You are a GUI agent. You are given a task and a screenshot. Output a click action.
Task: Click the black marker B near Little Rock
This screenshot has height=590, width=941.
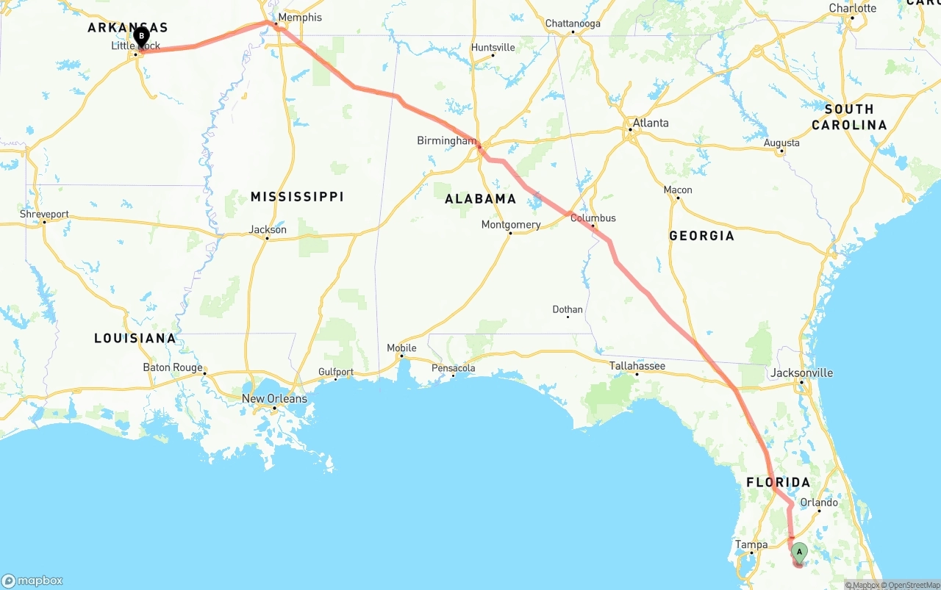pyautogui.click(x=141, y=35)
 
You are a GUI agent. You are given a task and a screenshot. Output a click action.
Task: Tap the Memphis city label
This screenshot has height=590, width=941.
pyautogui.click(x=300, y=17)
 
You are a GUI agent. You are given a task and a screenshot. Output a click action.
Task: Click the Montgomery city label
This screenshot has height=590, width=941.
pyautogui.click(x=511, y=225)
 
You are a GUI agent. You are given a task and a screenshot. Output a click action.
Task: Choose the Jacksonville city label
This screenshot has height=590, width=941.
pyautogui.click(x=801, y=373)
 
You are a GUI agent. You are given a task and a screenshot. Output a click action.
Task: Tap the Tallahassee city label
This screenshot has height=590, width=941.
pyautogui.click(x=637, y=366)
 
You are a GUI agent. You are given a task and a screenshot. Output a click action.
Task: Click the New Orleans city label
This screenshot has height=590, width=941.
pyautogui.click(x=274, y=399)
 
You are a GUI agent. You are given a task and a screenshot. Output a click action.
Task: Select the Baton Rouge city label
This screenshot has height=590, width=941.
pyautogui.click(x=173, y=367)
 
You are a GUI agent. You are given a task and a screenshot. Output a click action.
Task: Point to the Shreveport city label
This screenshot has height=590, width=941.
pyautogui.click(x=44, y=215)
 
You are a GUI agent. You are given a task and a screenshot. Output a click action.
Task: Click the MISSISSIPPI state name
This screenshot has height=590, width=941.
pyautogui.click(x=297, y=197)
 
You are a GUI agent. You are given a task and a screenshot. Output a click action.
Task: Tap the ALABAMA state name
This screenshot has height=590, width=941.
pyautogui.click(x=481, y=198)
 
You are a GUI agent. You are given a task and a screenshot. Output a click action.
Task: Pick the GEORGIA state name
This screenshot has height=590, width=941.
pyautogui.click(x=701, y=236)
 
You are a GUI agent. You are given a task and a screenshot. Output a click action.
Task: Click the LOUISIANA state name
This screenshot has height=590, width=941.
pyautogui.click(x=135, y=339)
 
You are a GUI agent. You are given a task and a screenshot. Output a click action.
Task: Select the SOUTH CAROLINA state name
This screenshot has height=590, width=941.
pyautogui.click(x=849, y=117)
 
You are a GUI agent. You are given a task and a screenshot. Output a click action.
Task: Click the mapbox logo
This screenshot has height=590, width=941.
pyautogui.click(x=32, y=580)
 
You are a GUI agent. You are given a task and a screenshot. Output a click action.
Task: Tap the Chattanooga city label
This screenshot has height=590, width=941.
pyautogui.click(x=573, y=24)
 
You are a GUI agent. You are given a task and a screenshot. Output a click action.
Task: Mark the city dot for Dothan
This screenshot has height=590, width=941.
pyautogui.click(x=568, y=317)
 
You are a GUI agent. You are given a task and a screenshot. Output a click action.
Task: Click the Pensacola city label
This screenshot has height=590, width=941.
pyautogui.click(x=453, y=368)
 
